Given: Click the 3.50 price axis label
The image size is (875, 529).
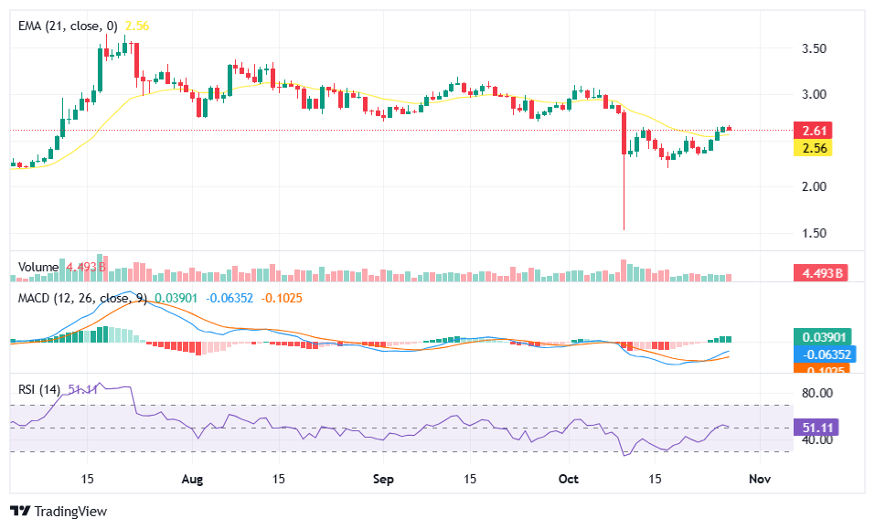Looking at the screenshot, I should click(x=813, y=48).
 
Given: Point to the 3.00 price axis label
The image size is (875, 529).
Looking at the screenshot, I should click(x=813, y=94).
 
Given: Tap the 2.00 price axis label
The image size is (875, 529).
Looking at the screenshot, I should click(x=813, y=186).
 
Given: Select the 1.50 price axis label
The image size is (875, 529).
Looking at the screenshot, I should click(x=813, y=233).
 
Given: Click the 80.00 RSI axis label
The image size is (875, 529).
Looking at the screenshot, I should click(x=813, y=393).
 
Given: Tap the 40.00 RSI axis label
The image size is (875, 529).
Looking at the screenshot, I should click(x=813, y=439).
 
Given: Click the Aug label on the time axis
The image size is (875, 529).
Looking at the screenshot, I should click(x=191, y=479).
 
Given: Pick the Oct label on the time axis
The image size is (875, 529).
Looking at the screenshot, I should click(x=569, y=479).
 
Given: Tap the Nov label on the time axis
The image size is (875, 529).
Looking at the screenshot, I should click(x=757, y=479).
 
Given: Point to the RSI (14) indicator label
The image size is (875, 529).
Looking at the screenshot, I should click(x=40, y=390).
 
